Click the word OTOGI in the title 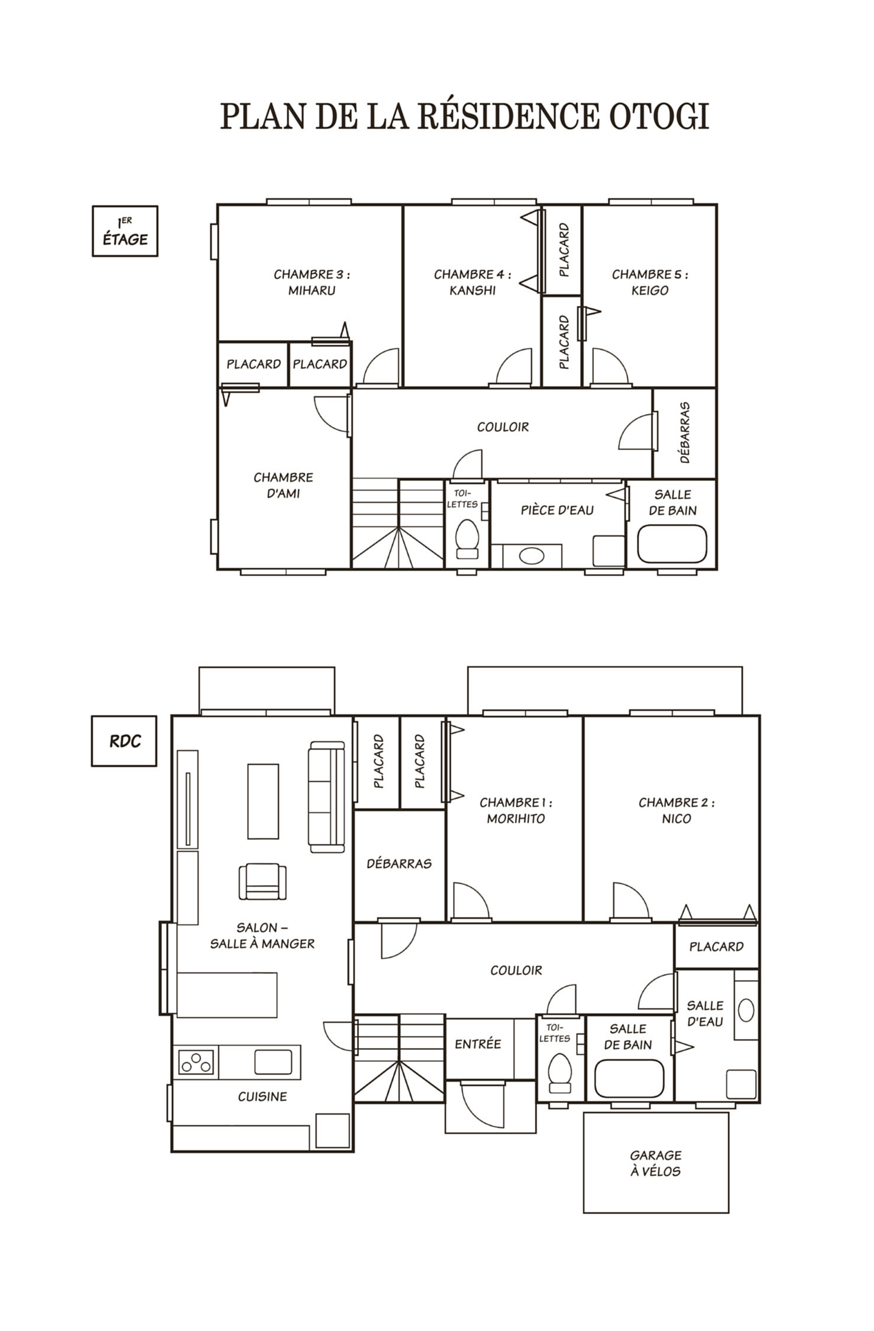659,116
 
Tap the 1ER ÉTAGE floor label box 125,231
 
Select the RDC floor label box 124,741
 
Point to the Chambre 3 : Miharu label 312,282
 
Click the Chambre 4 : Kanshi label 472,282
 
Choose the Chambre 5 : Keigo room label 650,282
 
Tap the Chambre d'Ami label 283,485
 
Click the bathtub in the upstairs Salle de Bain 672,544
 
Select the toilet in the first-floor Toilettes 467,538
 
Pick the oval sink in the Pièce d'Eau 532,555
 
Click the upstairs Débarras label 685,432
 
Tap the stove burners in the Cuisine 196,1061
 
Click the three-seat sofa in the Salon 326,797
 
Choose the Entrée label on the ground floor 478,1044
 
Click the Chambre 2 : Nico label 676,810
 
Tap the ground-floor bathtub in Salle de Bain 629,1078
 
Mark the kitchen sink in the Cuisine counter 273,1062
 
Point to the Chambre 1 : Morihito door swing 471,902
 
